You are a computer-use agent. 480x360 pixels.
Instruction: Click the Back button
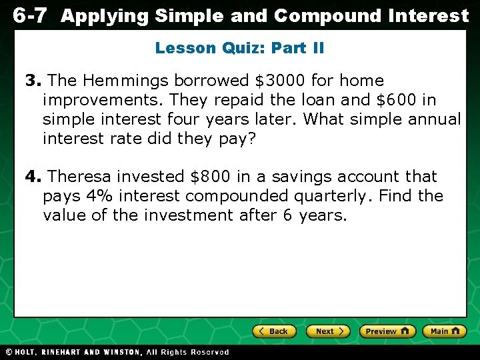click(x=273, y=331)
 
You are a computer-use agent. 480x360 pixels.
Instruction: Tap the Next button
click(x=327, y=331)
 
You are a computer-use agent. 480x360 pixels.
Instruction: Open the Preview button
click(x=387, y=331)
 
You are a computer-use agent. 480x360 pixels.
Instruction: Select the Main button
click(x=445, y=331)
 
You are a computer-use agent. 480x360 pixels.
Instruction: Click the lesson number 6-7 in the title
click(x=29, y=16)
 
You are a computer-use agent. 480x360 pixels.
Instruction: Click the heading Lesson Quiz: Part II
click(x=239, y=48)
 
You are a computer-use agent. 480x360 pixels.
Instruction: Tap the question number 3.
click(x=33, y=81)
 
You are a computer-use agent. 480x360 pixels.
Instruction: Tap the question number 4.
click(x=33, y=177)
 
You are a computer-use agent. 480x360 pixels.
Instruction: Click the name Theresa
click(x=81, y=177)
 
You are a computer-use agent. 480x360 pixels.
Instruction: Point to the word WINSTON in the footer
click(x=122, y=352)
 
